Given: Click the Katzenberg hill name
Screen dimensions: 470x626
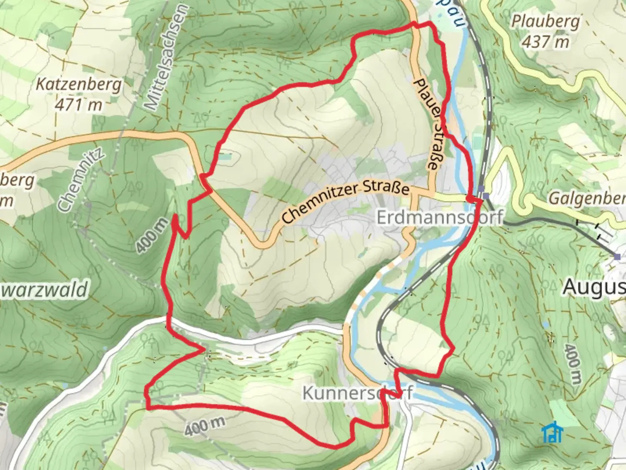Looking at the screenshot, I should [x=78, y=84].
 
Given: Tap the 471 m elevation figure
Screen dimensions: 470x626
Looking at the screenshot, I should [x=78, y=105].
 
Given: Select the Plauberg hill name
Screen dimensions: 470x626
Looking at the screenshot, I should [x=545, y=21].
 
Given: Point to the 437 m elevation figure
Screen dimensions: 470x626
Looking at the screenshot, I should [x=545, y=42].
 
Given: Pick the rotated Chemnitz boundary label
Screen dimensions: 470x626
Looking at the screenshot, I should [x=81, y=179].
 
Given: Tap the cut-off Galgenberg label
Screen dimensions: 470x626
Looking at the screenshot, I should [x=587, y=198].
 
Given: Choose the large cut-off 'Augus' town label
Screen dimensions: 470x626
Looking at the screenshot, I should [x=594, y=288].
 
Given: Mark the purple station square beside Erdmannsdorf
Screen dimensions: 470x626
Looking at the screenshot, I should [x=486, y=195].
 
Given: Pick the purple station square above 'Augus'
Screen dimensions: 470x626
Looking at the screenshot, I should [x=618, y=257].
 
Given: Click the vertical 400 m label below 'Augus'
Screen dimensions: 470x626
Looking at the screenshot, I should [x=573, y=364].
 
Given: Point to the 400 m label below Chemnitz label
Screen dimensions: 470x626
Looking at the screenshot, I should [x=151, y=235].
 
